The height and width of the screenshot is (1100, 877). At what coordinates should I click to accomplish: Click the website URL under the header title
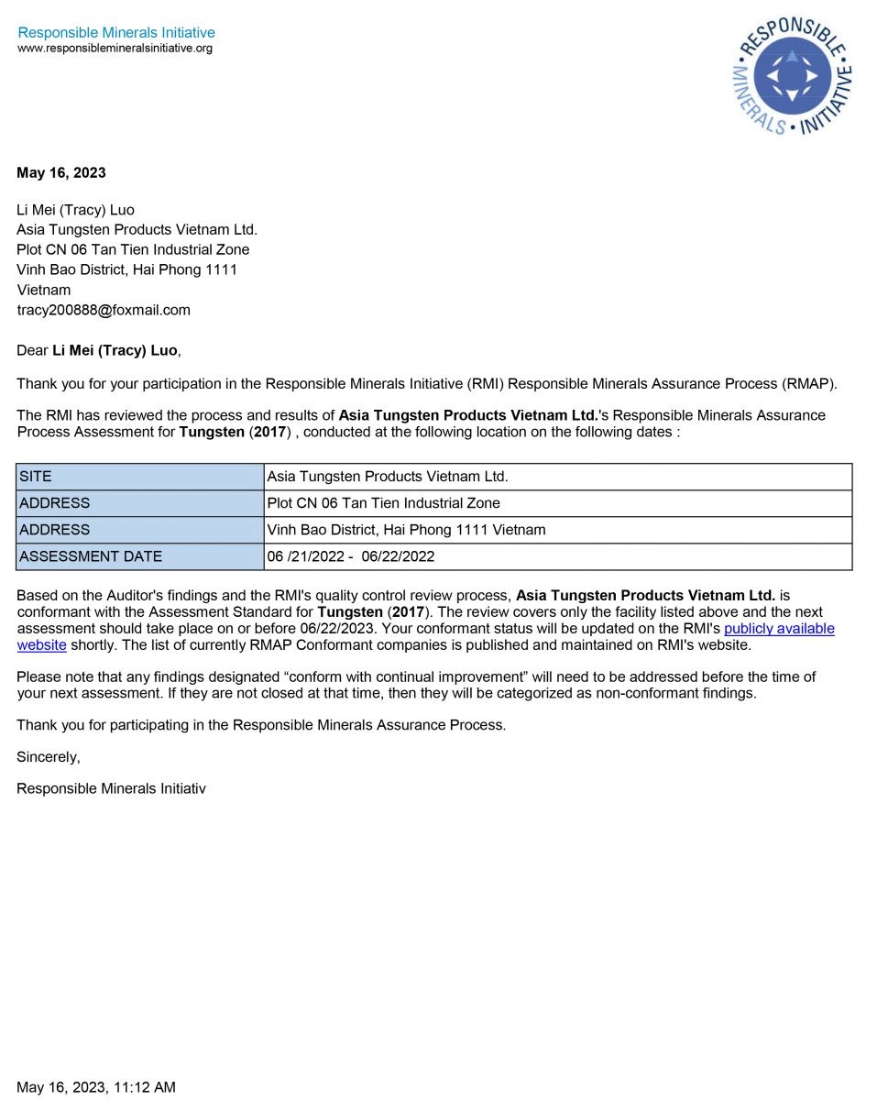point(115,49)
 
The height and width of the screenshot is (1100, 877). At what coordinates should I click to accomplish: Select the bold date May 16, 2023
point(61,172)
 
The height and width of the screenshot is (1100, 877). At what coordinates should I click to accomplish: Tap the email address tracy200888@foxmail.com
point(104,310)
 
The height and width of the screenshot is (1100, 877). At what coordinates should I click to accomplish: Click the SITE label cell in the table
point(139,477)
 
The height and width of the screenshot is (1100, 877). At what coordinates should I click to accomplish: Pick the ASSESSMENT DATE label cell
point(139,556)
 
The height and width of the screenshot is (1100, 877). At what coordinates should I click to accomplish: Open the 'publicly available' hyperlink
point(779,629)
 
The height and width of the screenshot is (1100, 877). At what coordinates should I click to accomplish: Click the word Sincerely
point(48,757)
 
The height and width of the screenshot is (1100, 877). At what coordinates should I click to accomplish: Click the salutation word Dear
point(32,350)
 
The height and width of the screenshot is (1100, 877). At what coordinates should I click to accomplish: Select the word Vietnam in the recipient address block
point(43,290)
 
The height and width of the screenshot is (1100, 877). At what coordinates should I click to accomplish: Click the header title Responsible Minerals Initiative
point(116,33)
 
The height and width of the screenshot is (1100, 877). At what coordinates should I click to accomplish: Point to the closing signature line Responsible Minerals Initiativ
point(111,788)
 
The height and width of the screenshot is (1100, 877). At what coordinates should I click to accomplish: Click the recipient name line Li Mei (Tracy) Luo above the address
point(75,210)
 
